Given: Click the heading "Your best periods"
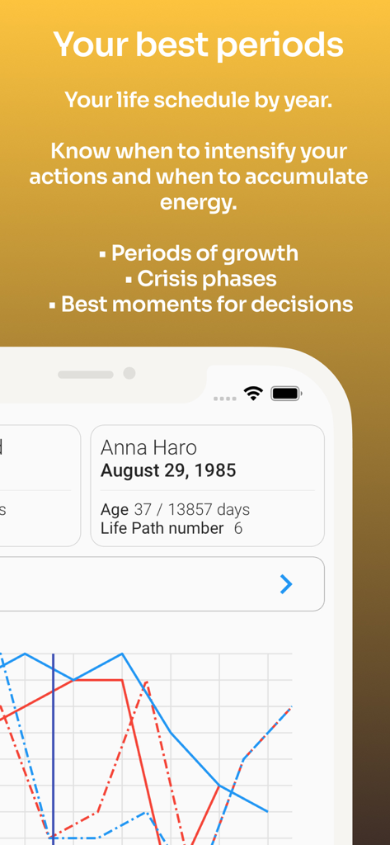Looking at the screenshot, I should tap(198, 45).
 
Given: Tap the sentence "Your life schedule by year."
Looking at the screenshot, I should tap(198, 100).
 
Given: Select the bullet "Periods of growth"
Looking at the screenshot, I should tap(204, 253).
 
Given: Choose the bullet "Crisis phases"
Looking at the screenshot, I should tap(207, 279).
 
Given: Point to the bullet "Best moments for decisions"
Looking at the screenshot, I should tap(206, 304).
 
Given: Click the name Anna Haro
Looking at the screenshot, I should tap(148, 447).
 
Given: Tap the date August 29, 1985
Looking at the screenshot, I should tap(168, 470).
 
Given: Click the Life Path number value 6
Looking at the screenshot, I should tap(238, 528).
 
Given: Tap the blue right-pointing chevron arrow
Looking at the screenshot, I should tap(286, 584).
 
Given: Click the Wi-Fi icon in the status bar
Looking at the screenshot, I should tap(253, 394).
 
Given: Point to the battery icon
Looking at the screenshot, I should tap(285, 394).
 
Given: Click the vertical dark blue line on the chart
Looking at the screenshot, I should tap(54, 743).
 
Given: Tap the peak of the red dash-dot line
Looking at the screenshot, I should tap(146, 682).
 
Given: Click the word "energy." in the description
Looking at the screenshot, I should tap(198, 202).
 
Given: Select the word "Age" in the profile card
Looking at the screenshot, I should tap(115, 510).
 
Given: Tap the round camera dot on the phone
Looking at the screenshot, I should tap(129, 373).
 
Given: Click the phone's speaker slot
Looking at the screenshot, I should tap(85, 374).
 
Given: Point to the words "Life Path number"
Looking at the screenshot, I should tap(162, 528).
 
